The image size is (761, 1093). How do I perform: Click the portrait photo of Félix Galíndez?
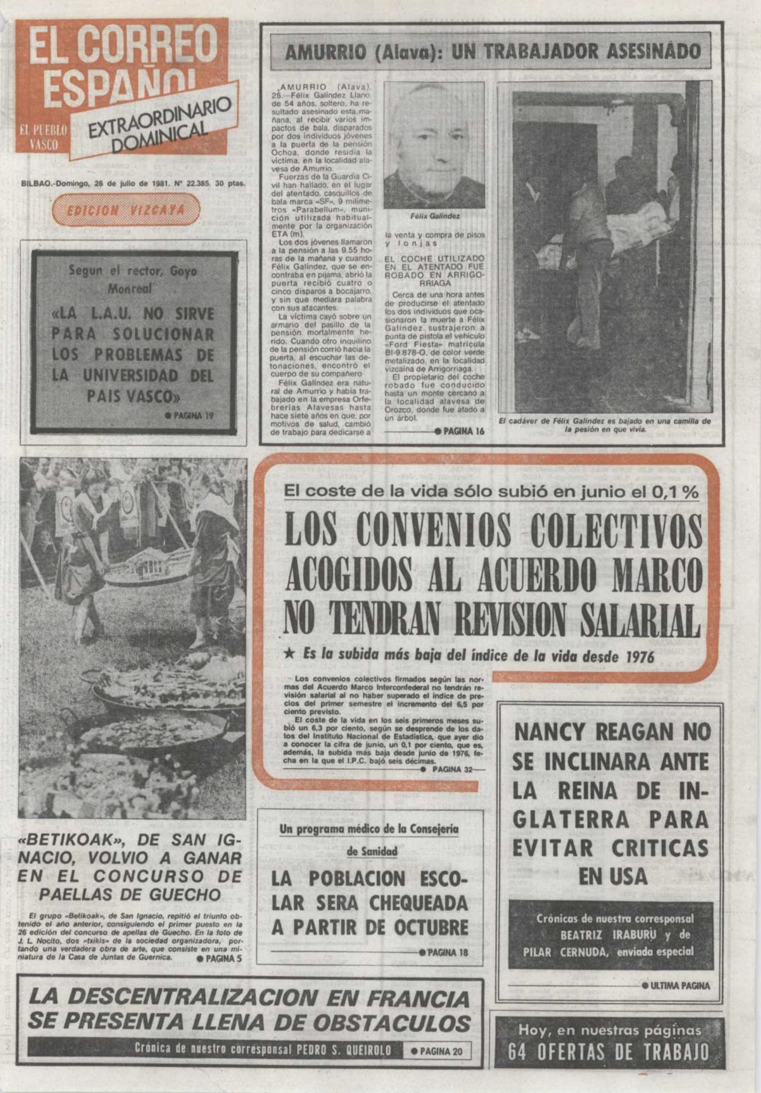coord(434,145)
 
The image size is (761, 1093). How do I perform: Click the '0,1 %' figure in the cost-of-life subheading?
coord(675,492)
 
